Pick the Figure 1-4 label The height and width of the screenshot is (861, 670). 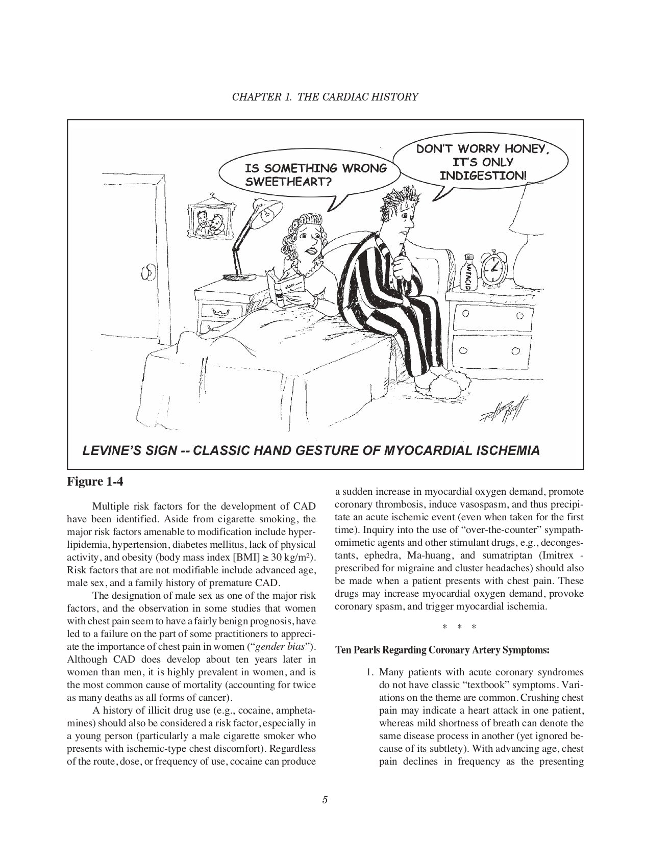coord(95,481)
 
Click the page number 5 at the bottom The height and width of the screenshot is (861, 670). coord(325,799)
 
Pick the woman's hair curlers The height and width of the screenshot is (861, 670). coord(301,225)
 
